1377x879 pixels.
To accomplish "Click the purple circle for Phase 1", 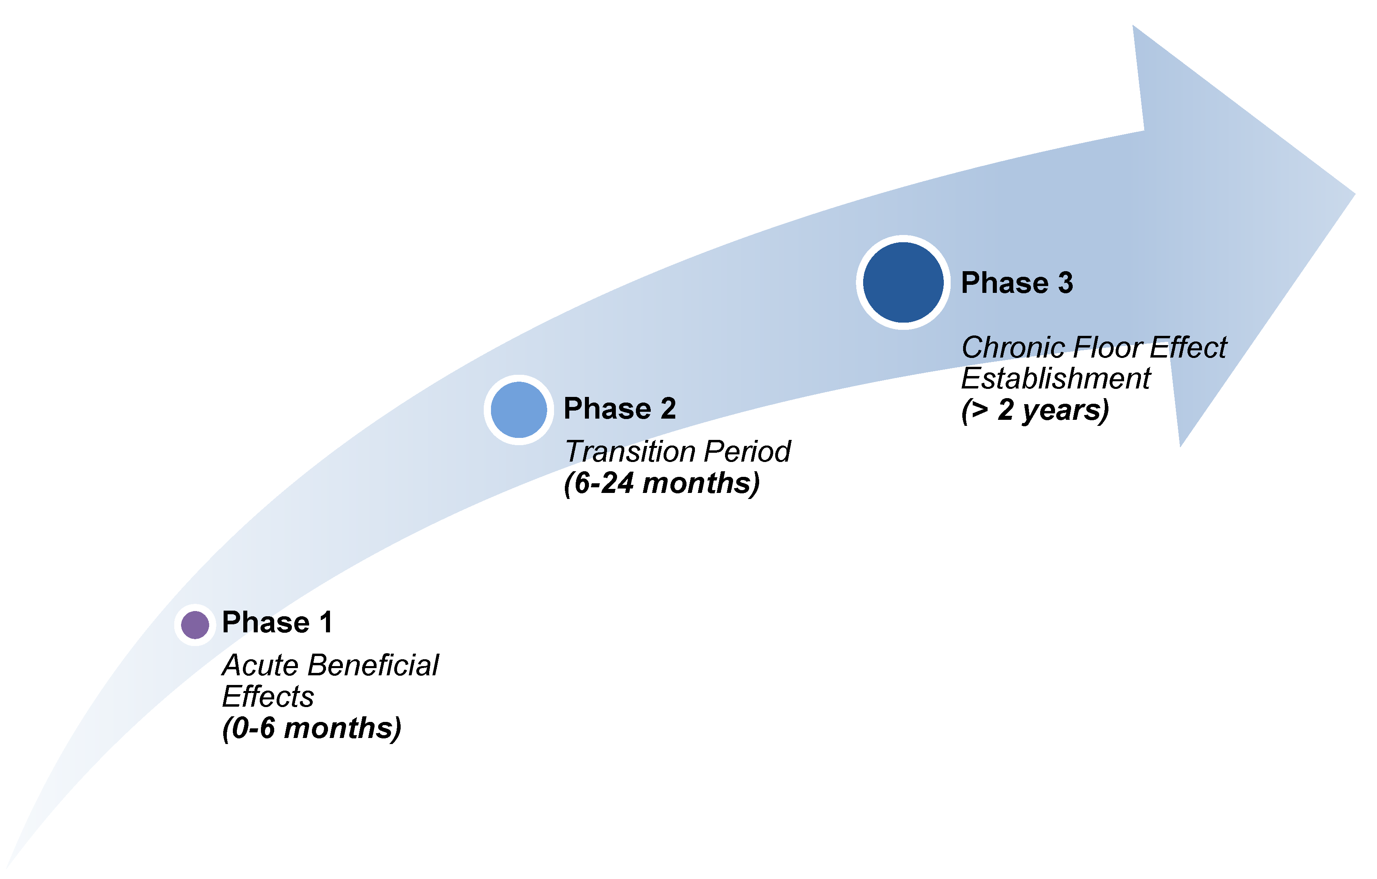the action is [x=195, y=625].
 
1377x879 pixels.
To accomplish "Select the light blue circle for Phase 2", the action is [x=519, y=410].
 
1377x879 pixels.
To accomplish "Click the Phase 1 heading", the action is [x=277, y=623].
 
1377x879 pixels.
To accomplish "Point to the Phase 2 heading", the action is [x=620, y=409].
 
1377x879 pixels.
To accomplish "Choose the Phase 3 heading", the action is [x=1017, y=283].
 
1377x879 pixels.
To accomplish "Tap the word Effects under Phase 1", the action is [x=268, y=697].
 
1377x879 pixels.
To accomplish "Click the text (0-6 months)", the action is [x=312, y=728].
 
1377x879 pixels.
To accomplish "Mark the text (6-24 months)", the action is [x=662, y=484].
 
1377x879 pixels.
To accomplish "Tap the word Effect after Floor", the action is [x=1188, y=348].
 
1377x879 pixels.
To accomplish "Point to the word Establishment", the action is [x=1055, y=379].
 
